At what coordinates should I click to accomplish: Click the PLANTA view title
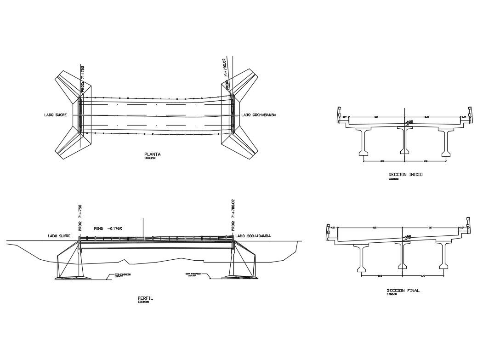tap(152, 154)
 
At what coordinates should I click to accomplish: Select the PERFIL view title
tap(146, 298)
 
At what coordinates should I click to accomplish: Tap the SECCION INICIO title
tap(405, 175)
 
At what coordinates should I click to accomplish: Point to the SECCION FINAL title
tap(403, 291)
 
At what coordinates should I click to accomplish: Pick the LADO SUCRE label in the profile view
tap(59, 236)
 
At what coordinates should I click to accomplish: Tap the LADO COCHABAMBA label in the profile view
tap(253, 236)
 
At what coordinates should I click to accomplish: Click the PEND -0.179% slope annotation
tap(108, 228)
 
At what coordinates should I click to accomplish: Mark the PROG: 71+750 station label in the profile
tap(80, 218)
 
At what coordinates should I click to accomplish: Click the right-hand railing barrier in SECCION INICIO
tap(469, 113)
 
